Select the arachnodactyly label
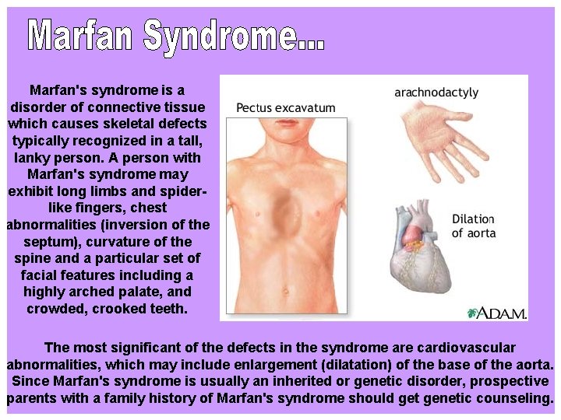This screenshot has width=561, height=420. click(x=436, y=92)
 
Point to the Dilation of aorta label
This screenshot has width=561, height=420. click(x=473, y=226)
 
